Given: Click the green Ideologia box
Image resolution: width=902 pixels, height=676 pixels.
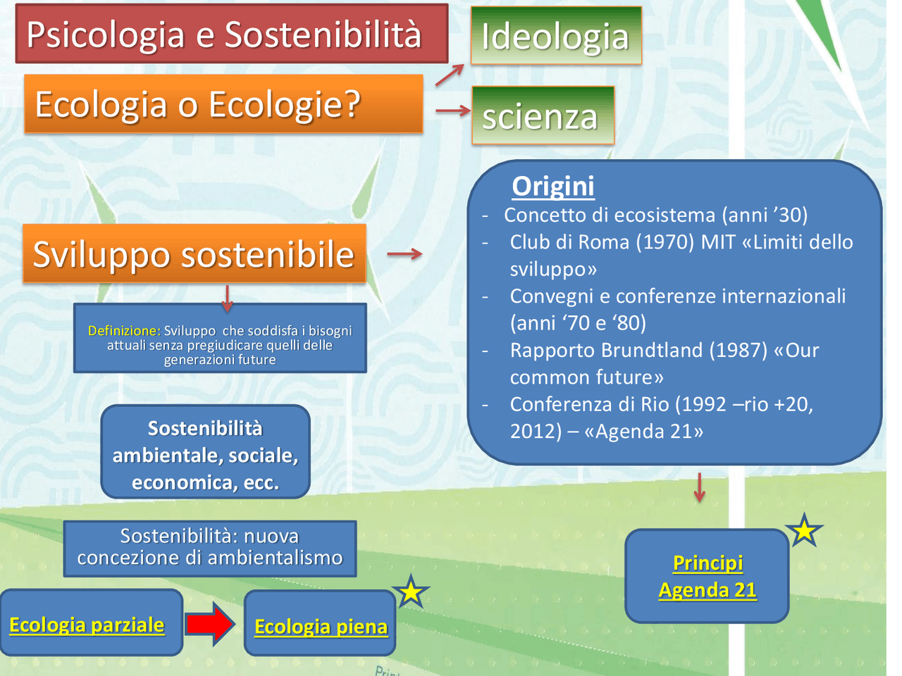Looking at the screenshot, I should [x=555, y=36].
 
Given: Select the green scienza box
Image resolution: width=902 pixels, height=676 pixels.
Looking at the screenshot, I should [x=542, y=115].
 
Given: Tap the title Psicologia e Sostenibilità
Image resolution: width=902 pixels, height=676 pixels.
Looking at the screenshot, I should [x=224, y=34].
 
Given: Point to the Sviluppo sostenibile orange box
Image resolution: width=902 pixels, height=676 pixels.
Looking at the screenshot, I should [x=194, y=254].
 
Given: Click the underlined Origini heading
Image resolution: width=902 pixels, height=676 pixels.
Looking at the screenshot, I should [x=553, y=186].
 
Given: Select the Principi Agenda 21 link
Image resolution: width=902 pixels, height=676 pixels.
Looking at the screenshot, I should [x=708, y=576].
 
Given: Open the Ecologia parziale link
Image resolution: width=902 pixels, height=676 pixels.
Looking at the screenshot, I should [x=87, y=625].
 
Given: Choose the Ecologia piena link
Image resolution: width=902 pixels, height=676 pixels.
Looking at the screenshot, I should [x=321, y=626].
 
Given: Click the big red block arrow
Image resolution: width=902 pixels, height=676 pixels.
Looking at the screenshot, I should [x=210, y=623].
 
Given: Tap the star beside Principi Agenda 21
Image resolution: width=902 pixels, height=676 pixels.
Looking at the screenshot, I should [x=804, y=531].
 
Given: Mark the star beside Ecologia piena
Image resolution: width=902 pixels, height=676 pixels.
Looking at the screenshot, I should [x=411, y=592].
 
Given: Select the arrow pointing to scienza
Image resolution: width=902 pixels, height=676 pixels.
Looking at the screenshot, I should [x=452, y=111].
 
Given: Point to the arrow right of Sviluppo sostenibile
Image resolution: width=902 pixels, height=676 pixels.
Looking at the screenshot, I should [x=404, y=254].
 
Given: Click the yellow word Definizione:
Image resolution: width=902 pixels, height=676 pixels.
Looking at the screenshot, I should [x=124, y=330].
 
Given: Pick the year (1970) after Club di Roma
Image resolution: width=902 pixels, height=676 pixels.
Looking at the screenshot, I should [x=665, y=242].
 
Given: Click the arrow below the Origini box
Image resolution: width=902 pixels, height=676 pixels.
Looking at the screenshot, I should [x=699, y=487].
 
